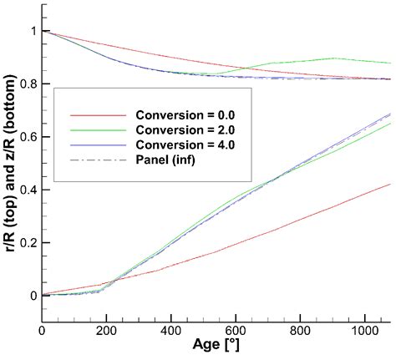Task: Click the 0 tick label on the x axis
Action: [43, 332]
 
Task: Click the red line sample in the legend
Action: [88, 114]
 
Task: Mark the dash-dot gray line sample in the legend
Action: [88, 161]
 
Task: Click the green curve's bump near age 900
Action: [334, 58]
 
